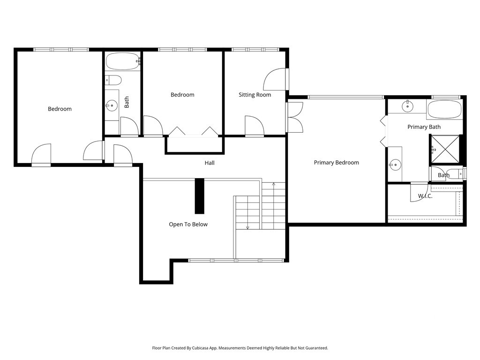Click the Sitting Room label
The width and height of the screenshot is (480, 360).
click(255, 95)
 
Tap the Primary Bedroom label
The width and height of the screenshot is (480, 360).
click(336, 163)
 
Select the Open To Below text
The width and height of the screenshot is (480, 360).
click(188, 225)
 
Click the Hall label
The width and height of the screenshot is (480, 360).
click(210, 163)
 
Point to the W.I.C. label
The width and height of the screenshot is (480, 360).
click(425, 196)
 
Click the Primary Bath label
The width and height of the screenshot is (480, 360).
click(424, 127)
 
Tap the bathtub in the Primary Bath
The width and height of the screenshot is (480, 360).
click(444, 108)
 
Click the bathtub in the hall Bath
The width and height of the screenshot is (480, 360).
click(122, 61)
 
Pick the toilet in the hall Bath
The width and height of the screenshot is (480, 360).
click(113, 80)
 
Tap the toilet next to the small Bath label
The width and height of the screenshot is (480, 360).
click(455, 174)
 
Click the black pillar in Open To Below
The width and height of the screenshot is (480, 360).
click(199, 196)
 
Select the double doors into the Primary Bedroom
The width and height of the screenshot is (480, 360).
click(294, 117)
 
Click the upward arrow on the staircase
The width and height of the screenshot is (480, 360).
click(274, 185)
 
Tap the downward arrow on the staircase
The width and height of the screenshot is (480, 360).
click(247, 227)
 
